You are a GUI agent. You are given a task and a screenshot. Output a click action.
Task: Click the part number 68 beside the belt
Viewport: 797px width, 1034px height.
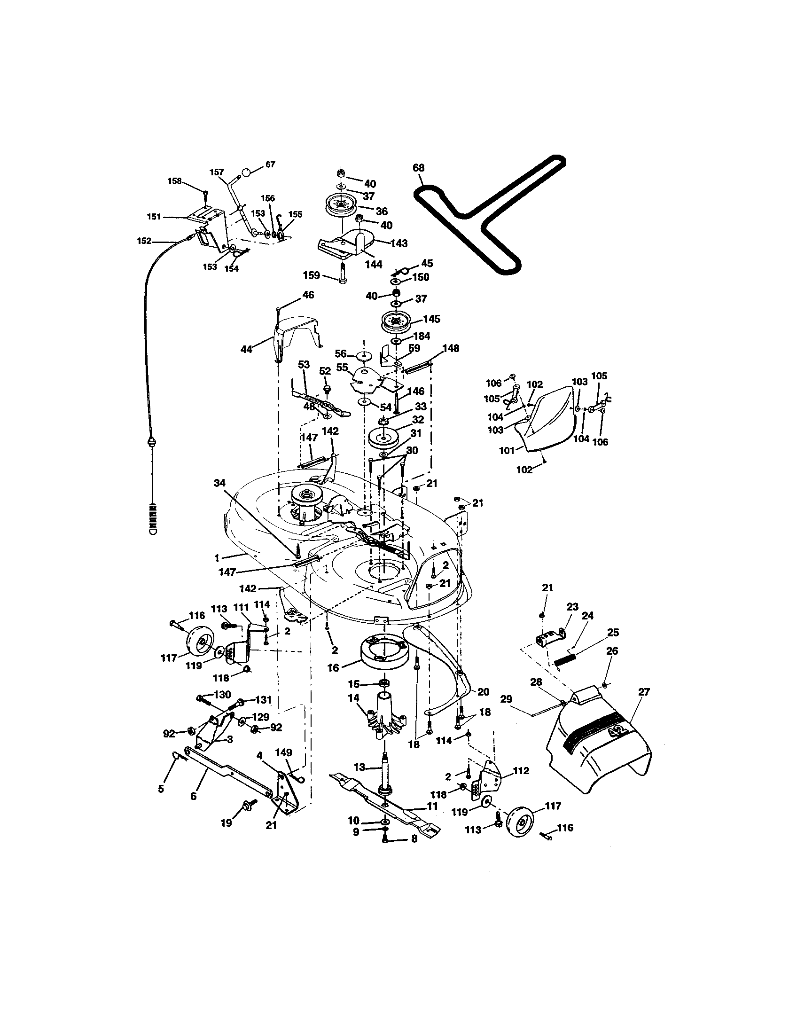click(418, 168)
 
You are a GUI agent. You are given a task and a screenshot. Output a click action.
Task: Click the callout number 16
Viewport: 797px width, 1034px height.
click(333, 668)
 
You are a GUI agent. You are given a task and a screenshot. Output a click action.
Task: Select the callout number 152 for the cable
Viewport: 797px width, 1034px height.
click(144, 241)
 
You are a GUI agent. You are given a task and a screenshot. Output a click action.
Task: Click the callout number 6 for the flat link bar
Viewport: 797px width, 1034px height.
click(193, 796)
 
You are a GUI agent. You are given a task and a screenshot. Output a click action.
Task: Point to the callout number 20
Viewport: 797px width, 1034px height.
click(483, 692)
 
